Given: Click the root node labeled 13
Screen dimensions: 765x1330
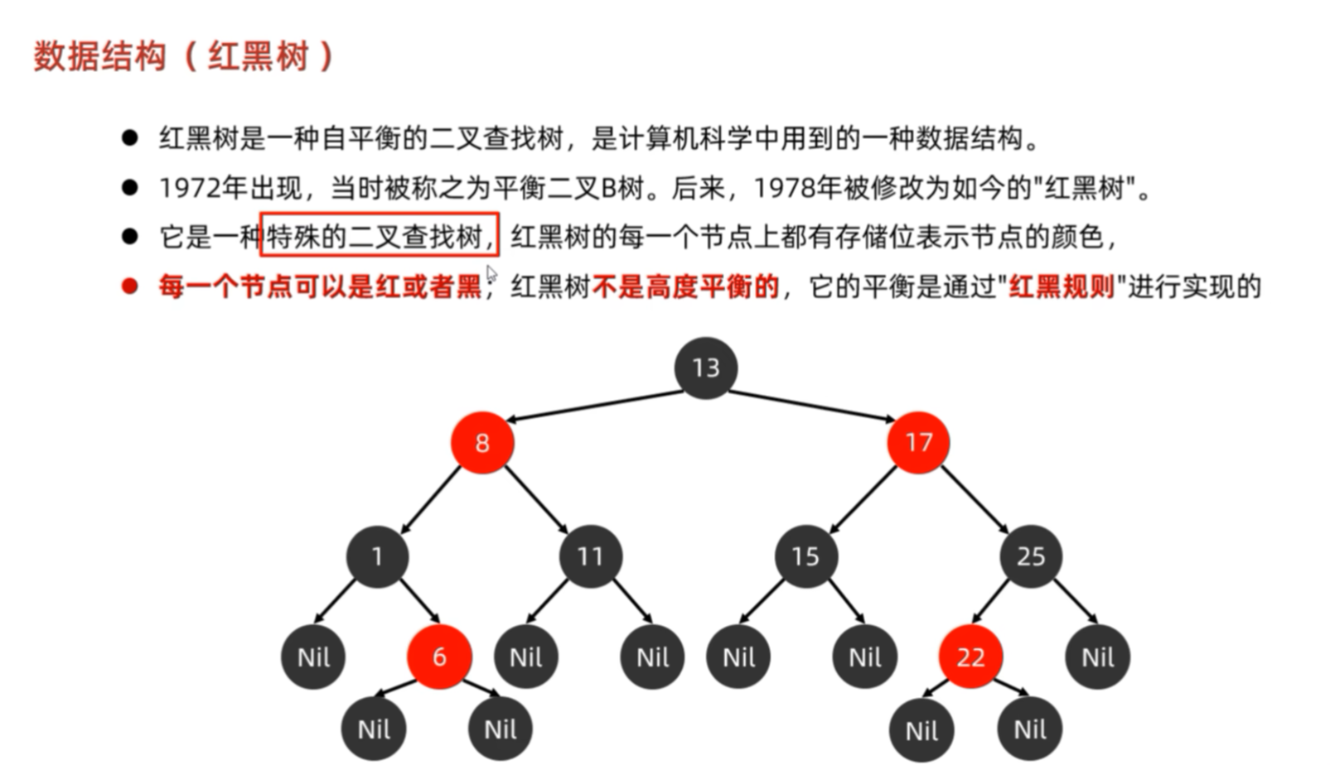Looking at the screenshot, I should [x=705, y=368].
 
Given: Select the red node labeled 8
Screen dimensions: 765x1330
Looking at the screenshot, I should [x=482, y=443].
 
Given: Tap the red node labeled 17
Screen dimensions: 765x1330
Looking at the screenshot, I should [x=918, y=443].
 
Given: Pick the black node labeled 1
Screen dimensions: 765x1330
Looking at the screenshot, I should [x=377, y=556].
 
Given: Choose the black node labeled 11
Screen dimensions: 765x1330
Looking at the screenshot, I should [x=590, y=556].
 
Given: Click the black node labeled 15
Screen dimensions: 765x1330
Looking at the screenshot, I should [x=805, y=556].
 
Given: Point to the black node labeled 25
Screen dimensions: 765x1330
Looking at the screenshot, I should [x=1031, y=556].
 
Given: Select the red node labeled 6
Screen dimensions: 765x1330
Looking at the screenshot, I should [x=439, y=657].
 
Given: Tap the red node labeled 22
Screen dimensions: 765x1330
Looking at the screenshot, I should [x=970, y=657].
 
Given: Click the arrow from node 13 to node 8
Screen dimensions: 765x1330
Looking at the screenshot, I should [x=592, y=406].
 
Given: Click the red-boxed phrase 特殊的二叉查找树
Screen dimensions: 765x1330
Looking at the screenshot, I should [x=379, y=238].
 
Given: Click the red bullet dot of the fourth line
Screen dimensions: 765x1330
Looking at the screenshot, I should [x=129, y=286].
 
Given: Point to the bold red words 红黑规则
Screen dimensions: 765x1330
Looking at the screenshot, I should [x=1061, y=287].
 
